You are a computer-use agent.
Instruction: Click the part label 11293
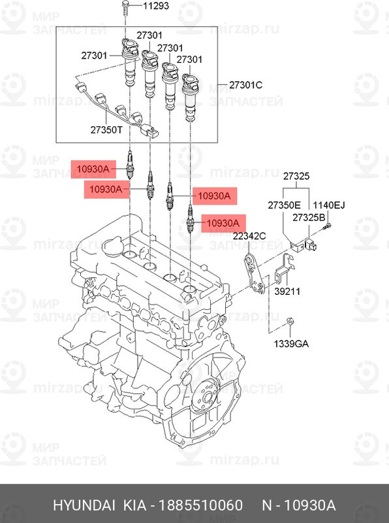point(156,6)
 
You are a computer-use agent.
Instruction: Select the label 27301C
point(246,85)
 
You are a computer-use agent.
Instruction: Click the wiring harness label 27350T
point(106,129)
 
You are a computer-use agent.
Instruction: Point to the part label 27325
point(296,176)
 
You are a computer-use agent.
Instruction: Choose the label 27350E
point(284,205)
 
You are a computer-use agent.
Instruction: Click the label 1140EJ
point(329,205)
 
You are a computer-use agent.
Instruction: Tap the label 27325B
point(309,218)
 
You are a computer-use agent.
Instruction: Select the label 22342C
point(249,236)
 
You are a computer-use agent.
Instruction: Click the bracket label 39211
point(287,291)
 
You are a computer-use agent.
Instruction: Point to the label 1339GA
point(290,343)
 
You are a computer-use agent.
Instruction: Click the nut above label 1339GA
point(290,321)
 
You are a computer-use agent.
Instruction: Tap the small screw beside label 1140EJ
point(327,226)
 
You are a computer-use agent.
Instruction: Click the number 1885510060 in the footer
point(200,505)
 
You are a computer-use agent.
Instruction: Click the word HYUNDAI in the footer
point(84,505)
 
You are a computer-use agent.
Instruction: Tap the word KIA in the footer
point(135,505)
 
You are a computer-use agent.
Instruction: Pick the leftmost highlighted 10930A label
point(93,169)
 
